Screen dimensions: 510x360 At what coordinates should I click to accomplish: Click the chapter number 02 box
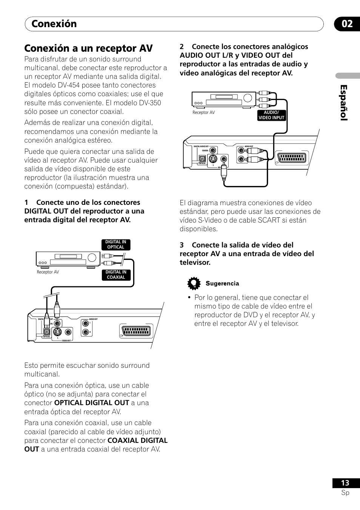tap(347, 24)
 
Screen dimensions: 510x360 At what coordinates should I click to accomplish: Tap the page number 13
tap(345, 483)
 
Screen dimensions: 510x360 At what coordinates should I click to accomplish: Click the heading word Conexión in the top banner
tap(54, 24)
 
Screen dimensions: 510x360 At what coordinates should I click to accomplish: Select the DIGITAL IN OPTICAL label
tap(115, 244)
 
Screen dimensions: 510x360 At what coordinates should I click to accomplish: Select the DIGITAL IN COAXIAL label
tap(115, 275)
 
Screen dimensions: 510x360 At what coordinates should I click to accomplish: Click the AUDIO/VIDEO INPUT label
tap(271, 115)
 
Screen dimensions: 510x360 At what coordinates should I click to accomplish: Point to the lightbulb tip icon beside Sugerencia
tap(194, 283)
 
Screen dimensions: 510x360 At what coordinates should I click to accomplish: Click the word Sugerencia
tap(222, 284)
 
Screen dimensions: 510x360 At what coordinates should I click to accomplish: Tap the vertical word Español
tap(343, 103)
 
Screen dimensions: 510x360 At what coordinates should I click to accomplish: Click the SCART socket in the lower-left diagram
tap(137, 331)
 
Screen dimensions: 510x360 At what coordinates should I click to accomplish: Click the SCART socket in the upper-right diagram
tap(292, 158)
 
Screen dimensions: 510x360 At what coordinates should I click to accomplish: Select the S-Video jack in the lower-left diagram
tap(57, 332)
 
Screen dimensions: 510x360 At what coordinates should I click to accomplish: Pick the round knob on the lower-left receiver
tap(92, 258)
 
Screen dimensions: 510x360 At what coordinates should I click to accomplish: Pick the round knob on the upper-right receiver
tap(248, 98)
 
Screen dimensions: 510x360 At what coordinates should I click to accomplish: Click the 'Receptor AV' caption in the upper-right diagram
tap(203, 112)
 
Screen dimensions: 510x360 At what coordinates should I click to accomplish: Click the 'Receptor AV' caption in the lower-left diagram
tap(48, 272)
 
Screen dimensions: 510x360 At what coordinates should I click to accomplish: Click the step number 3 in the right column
tap(182, 245)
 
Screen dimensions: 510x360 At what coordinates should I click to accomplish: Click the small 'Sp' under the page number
tap(345, 493)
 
